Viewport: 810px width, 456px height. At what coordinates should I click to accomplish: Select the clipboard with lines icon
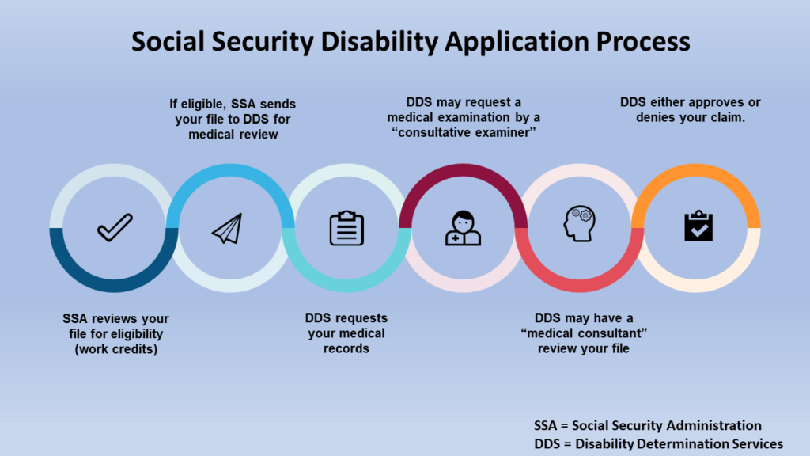click(346, 228)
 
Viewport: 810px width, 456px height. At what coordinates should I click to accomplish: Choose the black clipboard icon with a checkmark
click(698, 226)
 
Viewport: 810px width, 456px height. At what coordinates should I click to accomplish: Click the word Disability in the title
click(362, 41)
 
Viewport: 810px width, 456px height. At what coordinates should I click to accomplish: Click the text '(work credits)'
click(115, 349)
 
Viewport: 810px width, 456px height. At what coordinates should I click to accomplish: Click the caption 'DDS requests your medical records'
click(346, 332)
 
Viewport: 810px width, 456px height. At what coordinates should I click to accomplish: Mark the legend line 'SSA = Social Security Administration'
click(648, 425)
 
